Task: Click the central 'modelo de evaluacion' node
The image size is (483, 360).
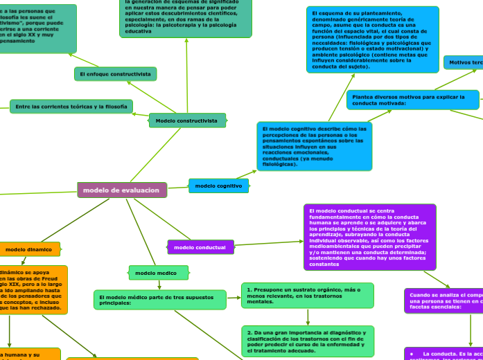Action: [122, 190]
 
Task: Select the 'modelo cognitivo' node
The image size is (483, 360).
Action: [218, 186]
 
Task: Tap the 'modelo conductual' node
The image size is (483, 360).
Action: [200, 247]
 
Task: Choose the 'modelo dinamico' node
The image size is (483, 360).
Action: [28, 249]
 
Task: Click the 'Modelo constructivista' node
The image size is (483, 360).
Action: [186, 120]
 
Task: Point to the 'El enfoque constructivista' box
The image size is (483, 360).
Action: [115, 73]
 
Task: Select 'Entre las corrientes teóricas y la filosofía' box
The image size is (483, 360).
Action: [71, 107]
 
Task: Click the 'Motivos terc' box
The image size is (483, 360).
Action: [464, 62]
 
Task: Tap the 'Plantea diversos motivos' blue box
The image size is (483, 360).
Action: [412, 100]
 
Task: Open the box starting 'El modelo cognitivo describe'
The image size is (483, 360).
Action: [314, 146]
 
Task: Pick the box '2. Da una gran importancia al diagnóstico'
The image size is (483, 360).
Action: [307, 341]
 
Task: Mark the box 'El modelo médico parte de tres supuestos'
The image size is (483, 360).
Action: [159, 300]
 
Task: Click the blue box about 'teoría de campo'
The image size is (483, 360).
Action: [372, 39]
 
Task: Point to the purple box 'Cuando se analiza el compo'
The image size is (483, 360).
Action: [444, 300]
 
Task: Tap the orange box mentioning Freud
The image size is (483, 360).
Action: [33, 289]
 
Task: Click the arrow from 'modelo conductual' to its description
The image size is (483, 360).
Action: [269, 244]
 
